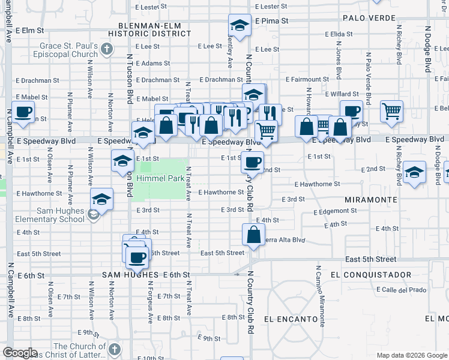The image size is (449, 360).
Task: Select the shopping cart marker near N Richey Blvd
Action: coord(391,111)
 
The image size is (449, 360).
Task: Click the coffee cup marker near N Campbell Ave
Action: coord(23,112)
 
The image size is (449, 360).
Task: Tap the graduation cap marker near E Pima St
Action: coord(239,26)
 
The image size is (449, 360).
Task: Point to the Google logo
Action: coord(20,353)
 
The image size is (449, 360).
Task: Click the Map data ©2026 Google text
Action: coord(412,355)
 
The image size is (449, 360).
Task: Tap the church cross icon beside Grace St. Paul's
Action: coord(107,49)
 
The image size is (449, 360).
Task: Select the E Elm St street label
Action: coord(31,29)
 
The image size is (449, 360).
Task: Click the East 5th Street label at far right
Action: coord(371,259)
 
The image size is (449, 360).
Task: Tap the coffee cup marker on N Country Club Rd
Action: coord(252,162)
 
